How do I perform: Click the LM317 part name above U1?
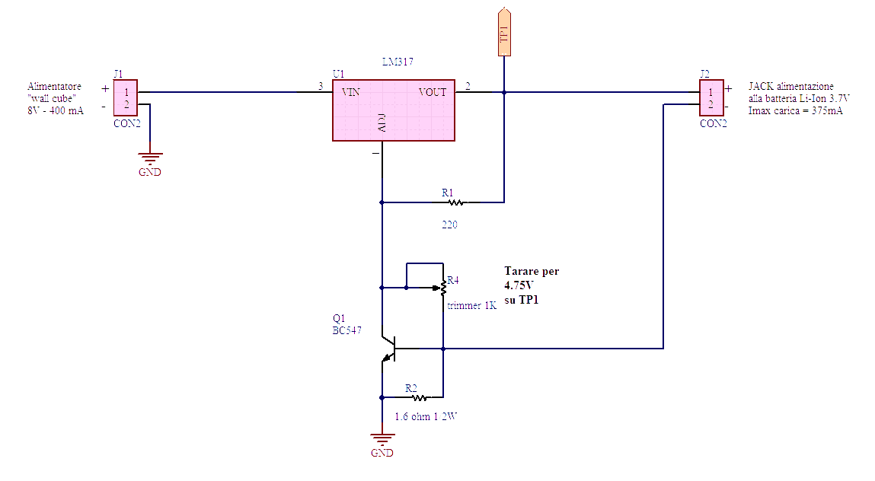[x=398, y=62]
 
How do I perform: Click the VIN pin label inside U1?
[x=351, y=92]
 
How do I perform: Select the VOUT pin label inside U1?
[x=433, y=92]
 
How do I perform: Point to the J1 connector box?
[x=126, y=98]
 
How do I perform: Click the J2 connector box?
[x=711, y=98]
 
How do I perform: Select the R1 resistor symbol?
[x=455, y=202]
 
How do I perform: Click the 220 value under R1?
[x=449, y=225]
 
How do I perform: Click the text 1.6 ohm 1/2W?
[x=425, y=417]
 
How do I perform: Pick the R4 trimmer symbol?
[x=442, y=288]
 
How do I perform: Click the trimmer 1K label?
[x=472, y=306]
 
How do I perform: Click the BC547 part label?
[x=347, y=331]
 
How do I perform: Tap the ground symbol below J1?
[x=150, y=159]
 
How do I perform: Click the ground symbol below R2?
[x=382, y=439]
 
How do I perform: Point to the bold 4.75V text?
[x=519, y=286]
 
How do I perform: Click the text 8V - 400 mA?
[x=55, y=110]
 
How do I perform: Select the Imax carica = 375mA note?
[x=795, y=110]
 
